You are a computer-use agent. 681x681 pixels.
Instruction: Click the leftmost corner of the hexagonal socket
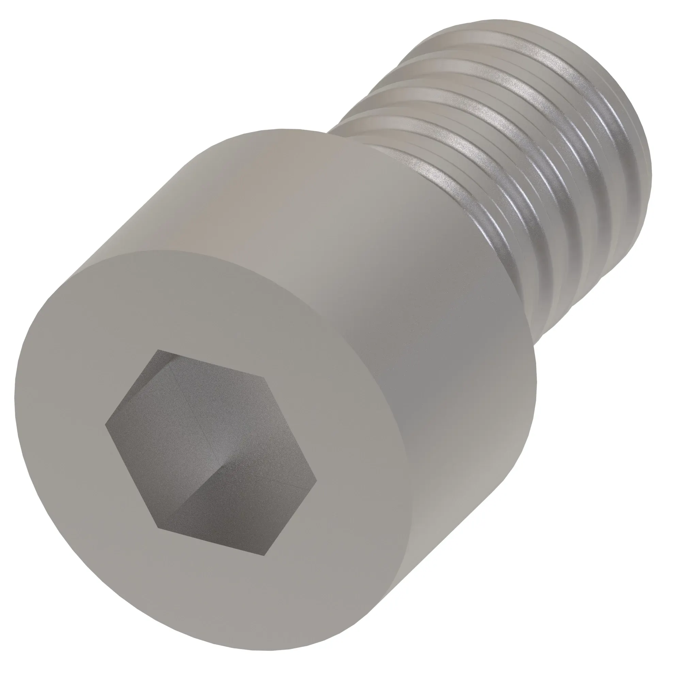pos(106,425)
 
